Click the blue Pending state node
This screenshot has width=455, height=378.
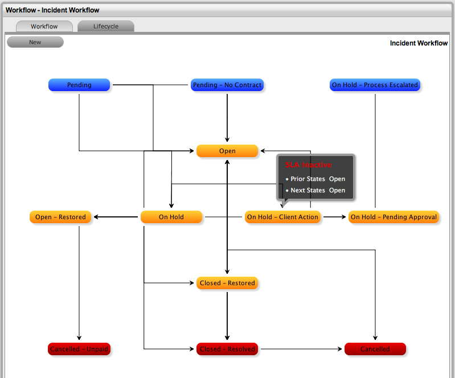point(79,85)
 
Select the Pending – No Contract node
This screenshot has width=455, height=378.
point(227,85)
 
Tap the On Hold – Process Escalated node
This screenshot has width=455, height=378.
point(375,85)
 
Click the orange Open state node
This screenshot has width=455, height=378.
point(227,151)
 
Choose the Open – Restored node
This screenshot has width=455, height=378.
point(60,217)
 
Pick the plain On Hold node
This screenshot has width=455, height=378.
point(171,217)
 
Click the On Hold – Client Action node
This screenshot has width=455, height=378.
point(282,217)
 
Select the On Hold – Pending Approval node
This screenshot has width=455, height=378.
point(393,217)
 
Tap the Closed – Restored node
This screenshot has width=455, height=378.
point(227,283)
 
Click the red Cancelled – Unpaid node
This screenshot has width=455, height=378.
point(79,349)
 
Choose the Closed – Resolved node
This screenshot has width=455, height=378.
point(227,349)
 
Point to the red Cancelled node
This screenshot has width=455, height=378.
point(375,349)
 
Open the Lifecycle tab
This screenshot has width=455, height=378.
point(106,26)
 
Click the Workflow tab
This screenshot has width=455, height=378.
point(44,26)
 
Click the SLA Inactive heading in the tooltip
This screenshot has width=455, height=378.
point(308,165)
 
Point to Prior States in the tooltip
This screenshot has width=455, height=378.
point(308,179)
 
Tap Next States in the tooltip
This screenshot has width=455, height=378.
point(308,190)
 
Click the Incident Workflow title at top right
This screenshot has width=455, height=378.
point(419,43)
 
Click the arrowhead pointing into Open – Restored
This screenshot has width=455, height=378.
point(96,217)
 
